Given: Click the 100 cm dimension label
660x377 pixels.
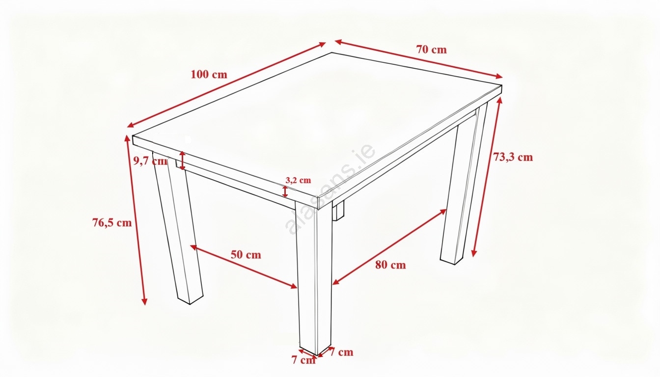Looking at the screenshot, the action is click(x=209, y=75).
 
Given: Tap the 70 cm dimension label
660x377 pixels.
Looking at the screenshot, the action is click(x=431, y=50).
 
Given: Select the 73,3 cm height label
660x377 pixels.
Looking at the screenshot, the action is click(x=513, y=157).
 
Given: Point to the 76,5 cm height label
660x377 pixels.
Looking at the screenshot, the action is click(x=112, y=223).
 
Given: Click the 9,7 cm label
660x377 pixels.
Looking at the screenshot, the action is click(x=151, y=161).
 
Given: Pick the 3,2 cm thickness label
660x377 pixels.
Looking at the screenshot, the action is click(x=298, y=180).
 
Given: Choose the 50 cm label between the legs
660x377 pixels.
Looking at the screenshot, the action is click(x=246, y=255).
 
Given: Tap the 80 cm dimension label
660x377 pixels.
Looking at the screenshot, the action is click(x=390, y=265).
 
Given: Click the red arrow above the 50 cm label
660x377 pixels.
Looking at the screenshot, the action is click(x=244, y=267).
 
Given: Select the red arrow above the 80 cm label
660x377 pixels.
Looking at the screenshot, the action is click(x=389, y=247).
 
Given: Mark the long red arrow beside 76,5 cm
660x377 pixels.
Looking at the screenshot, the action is click(x=136, y=220).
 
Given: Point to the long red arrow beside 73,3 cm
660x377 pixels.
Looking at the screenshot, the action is click(x=487, y=177).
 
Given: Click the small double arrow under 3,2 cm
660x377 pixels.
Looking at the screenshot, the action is click(x=285, y=191).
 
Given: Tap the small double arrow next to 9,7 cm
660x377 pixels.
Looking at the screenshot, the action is click(x=183, y=161).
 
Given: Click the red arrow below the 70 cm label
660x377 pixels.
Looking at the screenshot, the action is click(x=419, y=59).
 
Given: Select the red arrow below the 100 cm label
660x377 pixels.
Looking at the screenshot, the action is click(x=226, y=85).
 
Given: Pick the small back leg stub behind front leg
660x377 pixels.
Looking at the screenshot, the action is click(x=338, y=211).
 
